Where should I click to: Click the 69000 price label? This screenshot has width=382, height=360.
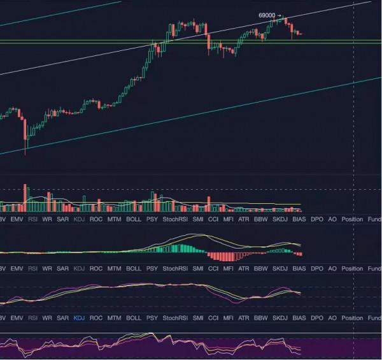(x=267, y=15)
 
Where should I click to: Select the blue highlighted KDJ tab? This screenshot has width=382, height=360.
(x=79, y=317)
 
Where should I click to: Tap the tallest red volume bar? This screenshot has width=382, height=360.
(x=25, y=197)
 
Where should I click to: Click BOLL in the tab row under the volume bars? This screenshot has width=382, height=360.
(x=134, y=219)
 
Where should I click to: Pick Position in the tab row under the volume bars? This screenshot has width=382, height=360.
(x=352, y=219)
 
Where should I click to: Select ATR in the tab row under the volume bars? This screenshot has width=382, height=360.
(x=244, y=219)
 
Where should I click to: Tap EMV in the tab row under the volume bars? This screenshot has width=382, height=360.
(x=17, y=219)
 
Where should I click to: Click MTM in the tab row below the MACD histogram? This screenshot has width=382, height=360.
(x=114, y=269)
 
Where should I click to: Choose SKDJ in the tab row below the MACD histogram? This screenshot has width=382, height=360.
(x=280, y=269)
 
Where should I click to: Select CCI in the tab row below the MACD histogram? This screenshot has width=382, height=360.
(x=213, y=269)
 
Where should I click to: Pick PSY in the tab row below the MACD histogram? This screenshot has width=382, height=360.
(x=152, y=269)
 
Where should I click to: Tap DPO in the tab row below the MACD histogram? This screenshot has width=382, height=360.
(x=317, y=269)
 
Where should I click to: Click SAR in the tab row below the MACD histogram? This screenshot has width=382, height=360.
(x=62, y=269)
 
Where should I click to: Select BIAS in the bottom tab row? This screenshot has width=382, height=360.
(x=299, y=317)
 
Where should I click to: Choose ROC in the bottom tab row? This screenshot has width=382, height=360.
(x=95, y=317)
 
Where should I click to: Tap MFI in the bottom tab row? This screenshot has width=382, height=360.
(x=229, y=317)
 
